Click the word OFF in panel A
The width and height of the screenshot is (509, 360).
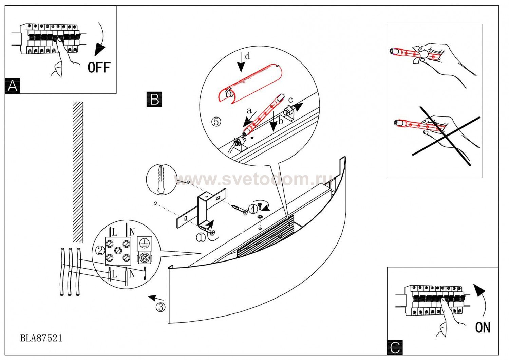click(99, 67)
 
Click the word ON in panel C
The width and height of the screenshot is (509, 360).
click(483, 327)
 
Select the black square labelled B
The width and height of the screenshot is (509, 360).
click(154, 100)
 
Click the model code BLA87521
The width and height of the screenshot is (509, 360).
click(41, 338)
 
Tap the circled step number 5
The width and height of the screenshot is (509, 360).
click(216, 121)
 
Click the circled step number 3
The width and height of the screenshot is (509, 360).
click(161, 307)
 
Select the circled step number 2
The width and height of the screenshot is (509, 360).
click(100, 251)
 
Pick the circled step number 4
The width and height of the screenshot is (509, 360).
click(253, 209)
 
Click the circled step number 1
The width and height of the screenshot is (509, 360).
click(201, 238)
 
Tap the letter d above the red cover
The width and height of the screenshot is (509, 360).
click(247, 56)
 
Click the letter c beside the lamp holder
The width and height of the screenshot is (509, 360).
click(290, 100)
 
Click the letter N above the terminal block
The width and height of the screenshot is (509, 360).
click(132, 232)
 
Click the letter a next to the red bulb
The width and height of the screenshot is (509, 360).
click(249, 111)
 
